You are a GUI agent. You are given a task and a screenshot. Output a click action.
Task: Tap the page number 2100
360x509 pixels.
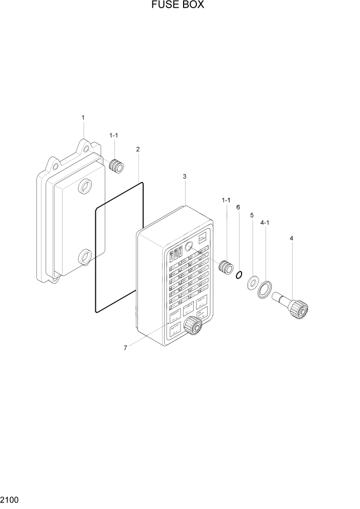point(10,498)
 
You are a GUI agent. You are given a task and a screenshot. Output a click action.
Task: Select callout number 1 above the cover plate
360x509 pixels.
point(83,118)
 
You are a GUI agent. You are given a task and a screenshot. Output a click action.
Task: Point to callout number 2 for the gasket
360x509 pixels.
point(138,149)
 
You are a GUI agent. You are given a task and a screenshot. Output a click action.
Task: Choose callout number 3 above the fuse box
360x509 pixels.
point(184,177)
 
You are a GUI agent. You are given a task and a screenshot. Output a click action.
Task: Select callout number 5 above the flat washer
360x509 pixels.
point(252,216)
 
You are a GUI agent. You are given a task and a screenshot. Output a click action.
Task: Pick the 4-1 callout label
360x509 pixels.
point(265,223)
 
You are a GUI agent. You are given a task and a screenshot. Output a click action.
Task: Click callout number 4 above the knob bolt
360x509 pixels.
point(291,238)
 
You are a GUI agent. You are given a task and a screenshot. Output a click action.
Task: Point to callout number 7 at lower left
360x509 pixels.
point(125,348)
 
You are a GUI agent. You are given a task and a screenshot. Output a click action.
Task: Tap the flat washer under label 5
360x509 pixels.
point(253,283)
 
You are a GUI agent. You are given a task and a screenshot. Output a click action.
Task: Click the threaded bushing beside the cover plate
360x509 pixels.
point(117,166)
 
